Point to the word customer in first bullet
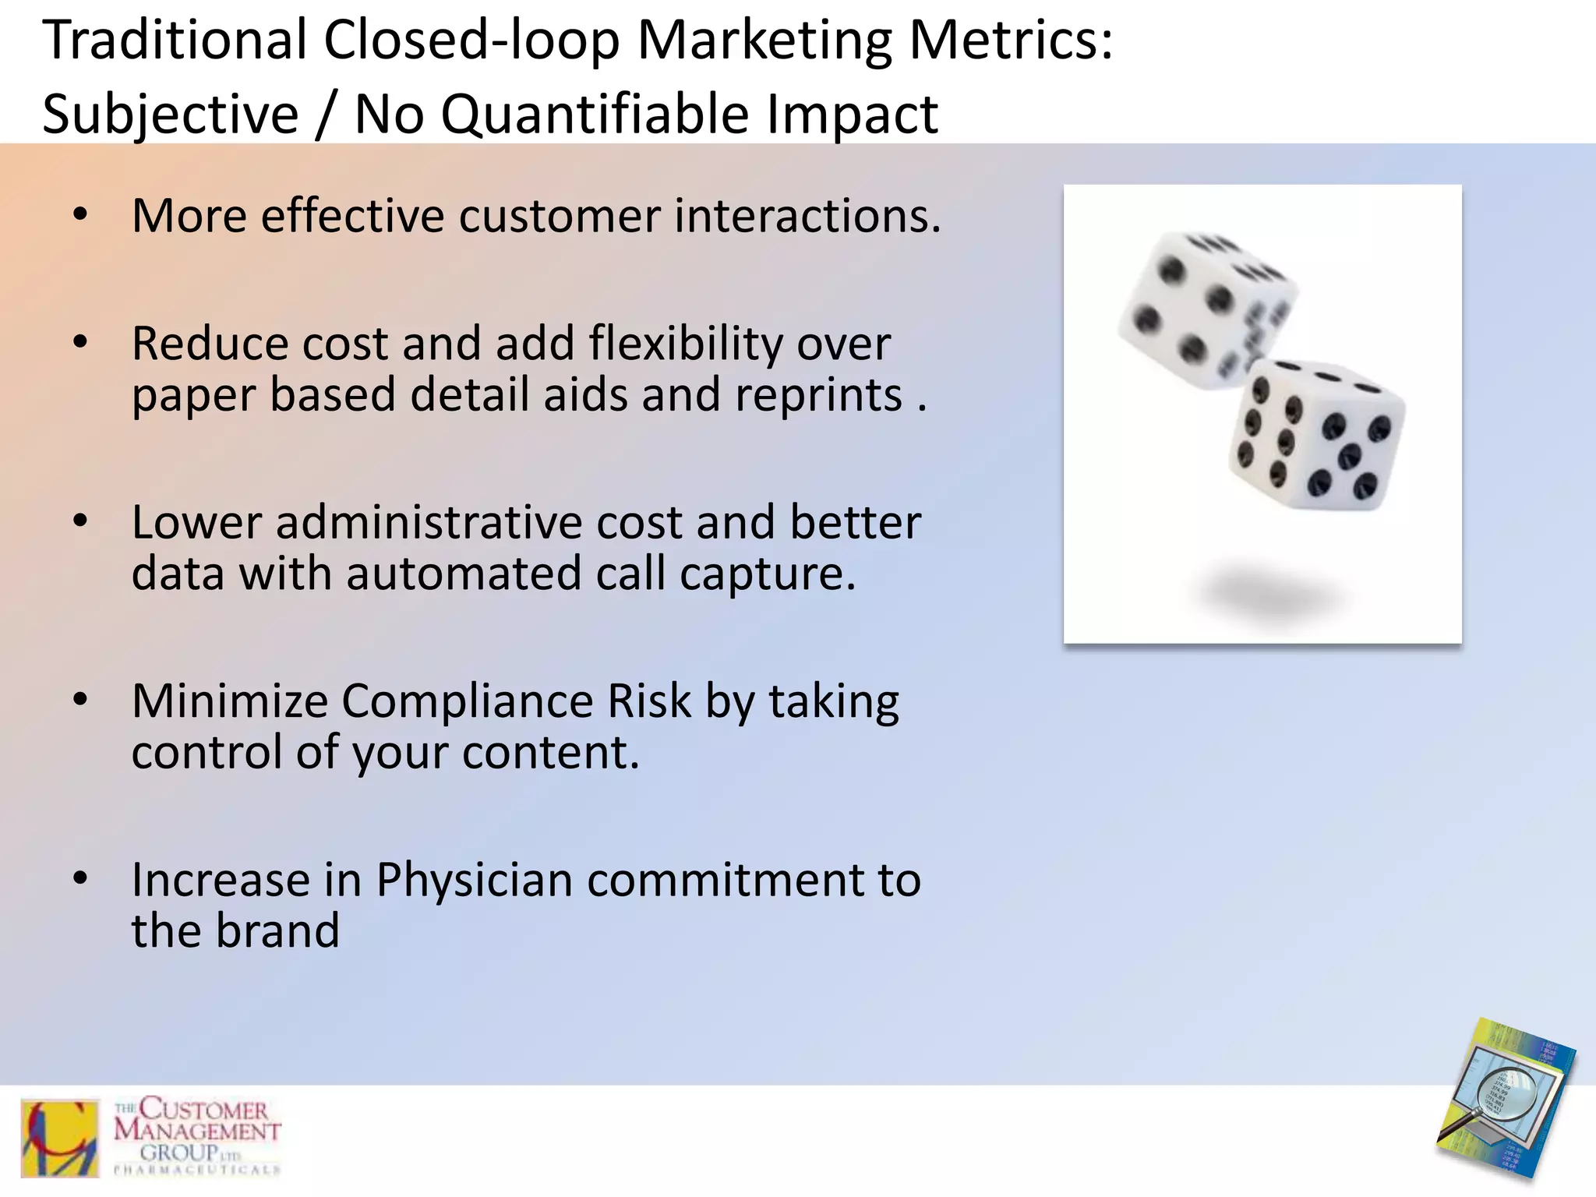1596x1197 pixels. (560, 216)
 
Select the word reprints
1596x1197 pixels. (818, 395)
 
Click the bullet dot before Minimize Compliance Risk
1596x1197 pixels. (80, 701)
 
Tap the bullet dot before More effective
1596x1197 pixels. (80, 216)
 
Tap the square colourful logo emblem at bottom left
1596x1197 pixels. (60, 1138)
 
